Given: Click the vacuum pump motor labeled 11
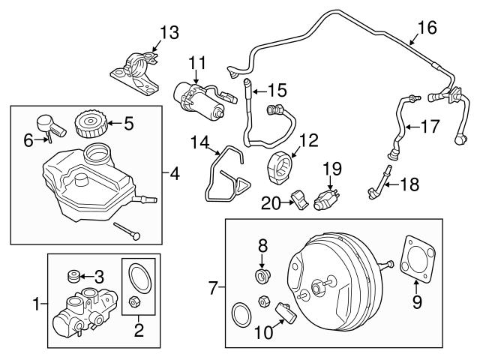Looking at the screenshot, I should [199, 103].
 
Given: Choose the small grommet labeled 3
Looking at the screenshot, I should [76, 275].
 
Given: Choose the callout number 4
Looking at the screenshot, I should [174, 175].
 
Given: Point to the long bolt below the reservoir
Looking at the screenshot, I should [127, 230].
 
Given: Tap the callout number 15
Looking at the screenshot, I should [277, 91].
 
